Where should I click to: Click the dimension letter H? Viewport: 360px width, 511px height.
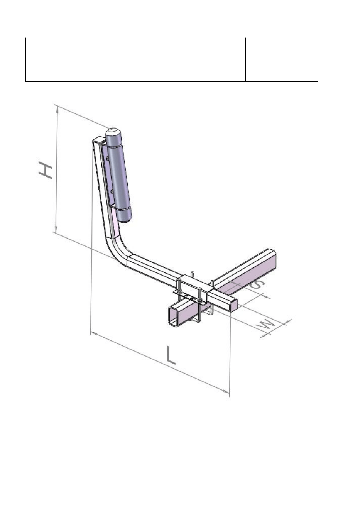click(46, 169)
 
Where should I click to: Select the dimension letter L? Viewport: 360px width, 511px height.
click(171, 355)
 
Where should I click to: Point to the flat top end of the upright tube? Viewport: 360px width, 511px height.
click(98, 139)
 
